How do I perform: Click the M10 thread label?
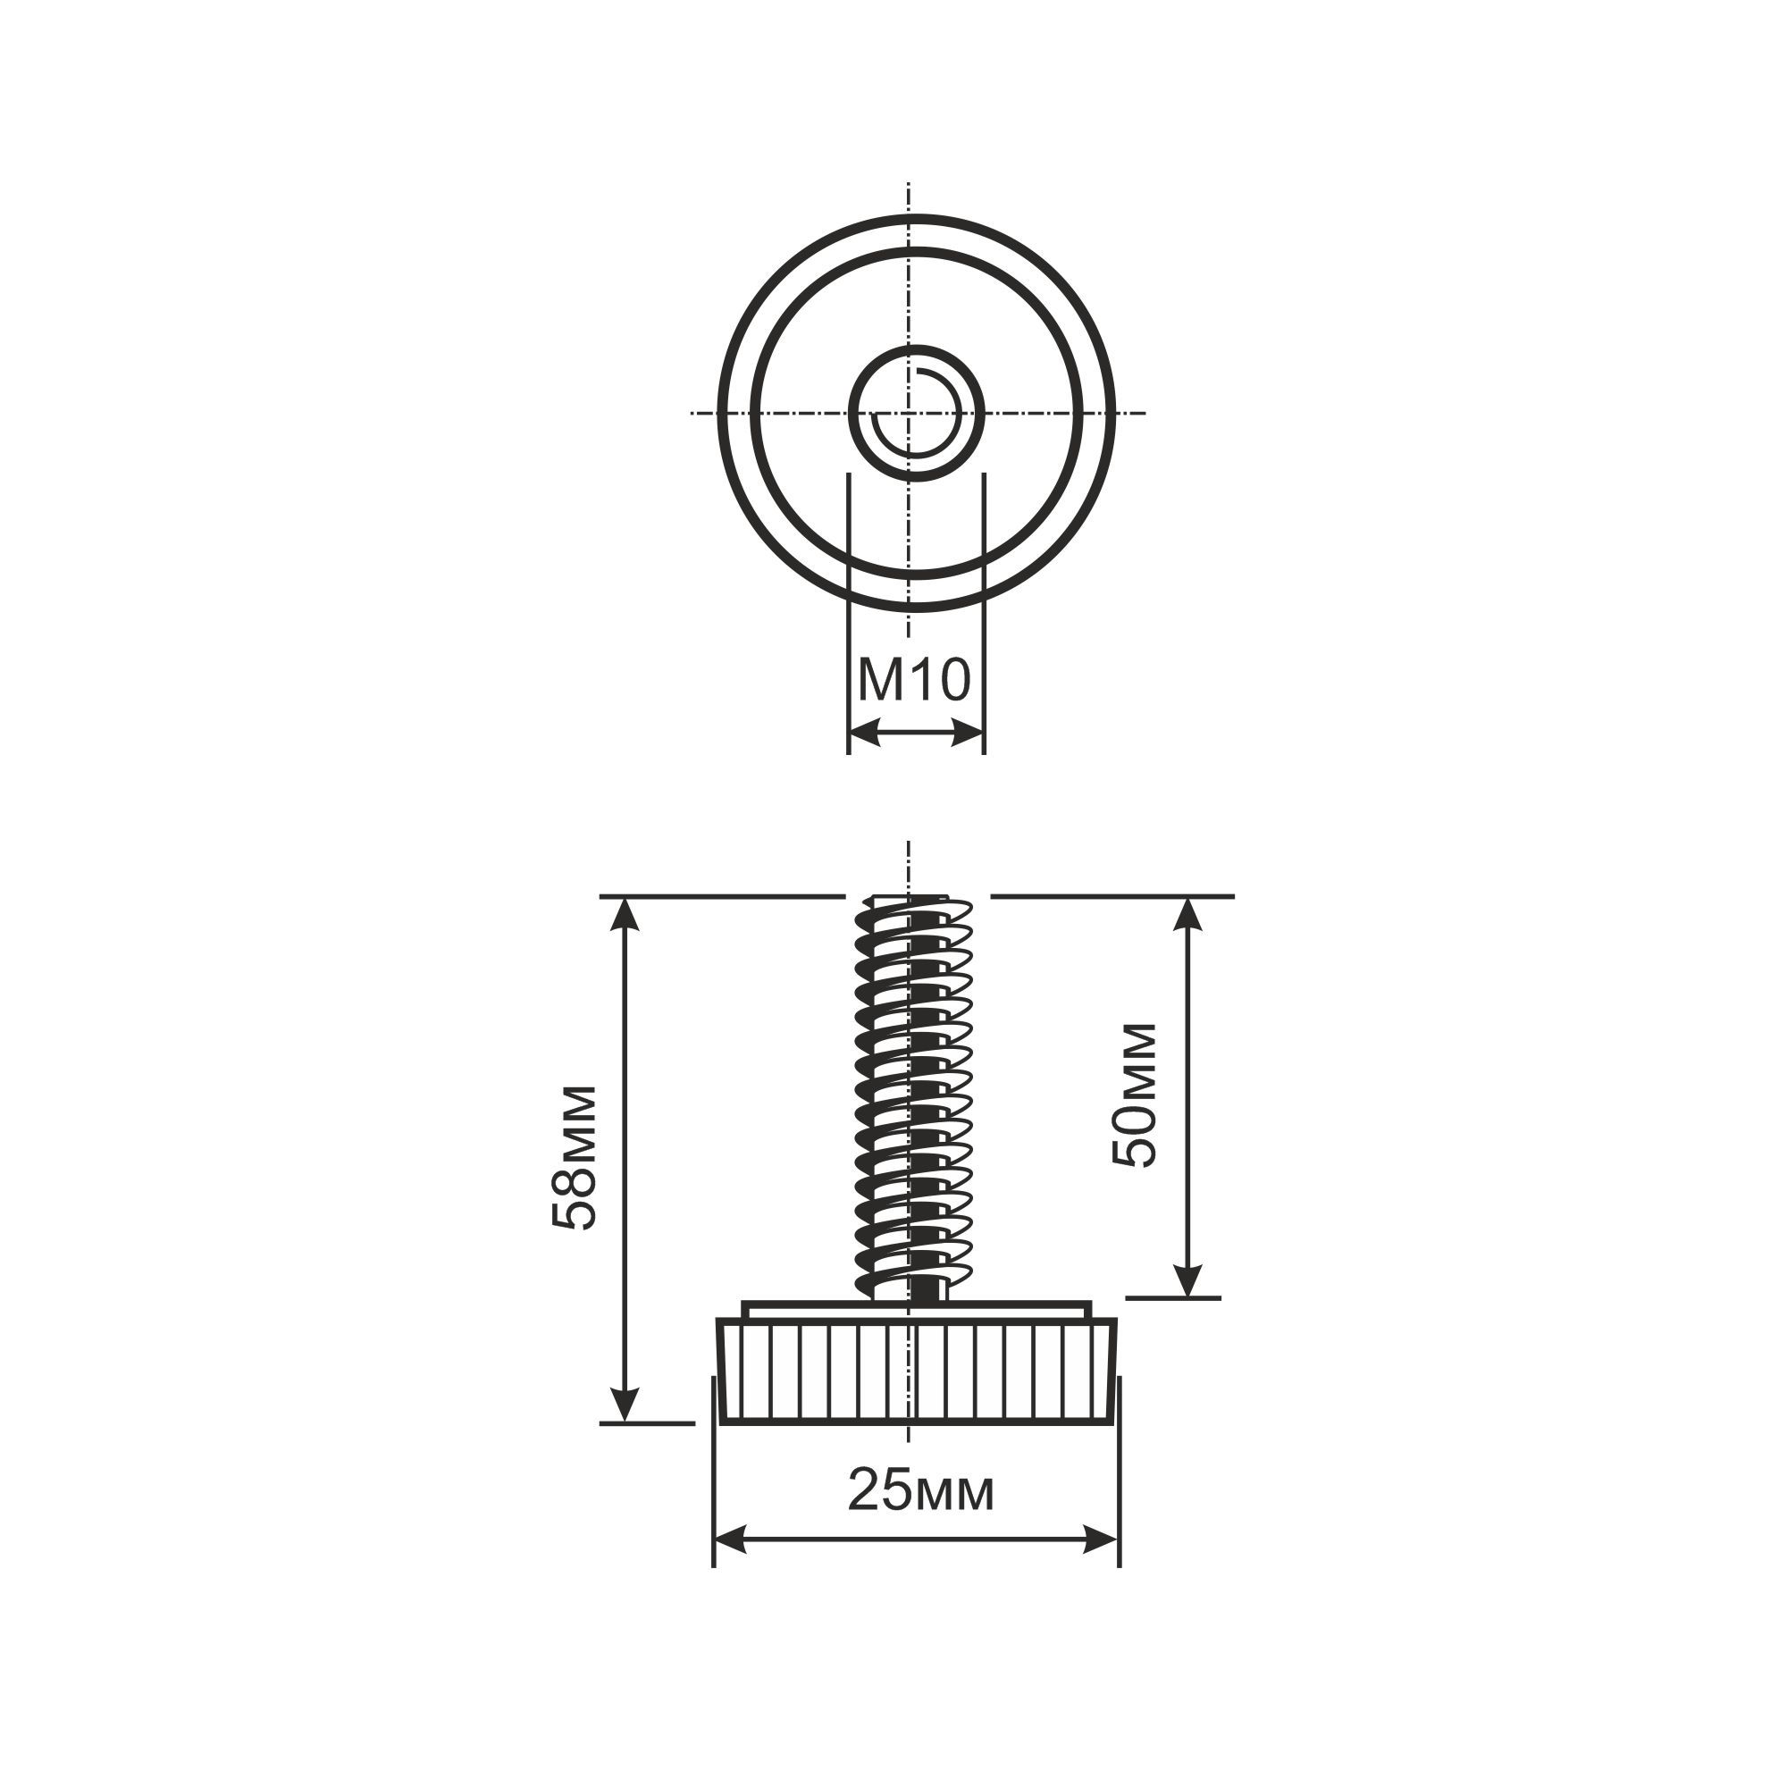(914, 680)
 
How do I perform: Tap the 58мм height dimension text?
(575, 1156)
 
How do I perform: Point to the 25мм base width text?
(921, 1490)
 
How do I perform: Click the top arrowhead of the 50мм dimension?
(1190, 914)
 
